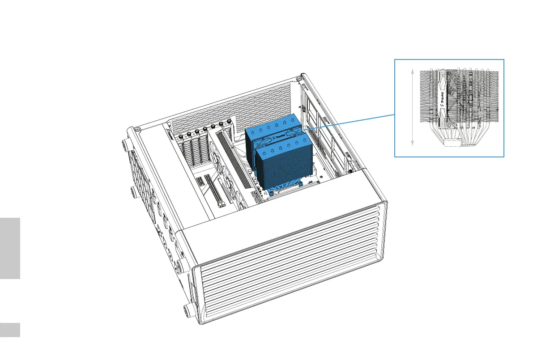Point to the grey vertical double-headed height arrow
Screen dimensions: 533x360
(x=412, y=107)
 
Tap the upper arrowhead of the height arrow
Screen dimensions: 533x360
(x=412, y=72)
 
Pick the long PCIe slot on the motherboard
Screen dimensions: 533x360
(x=215, y=192)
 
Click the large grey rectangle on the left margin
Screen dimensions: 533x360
(x=10, y=248)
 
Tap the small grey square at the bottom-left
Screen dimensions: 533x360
(x=10, y=330)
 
